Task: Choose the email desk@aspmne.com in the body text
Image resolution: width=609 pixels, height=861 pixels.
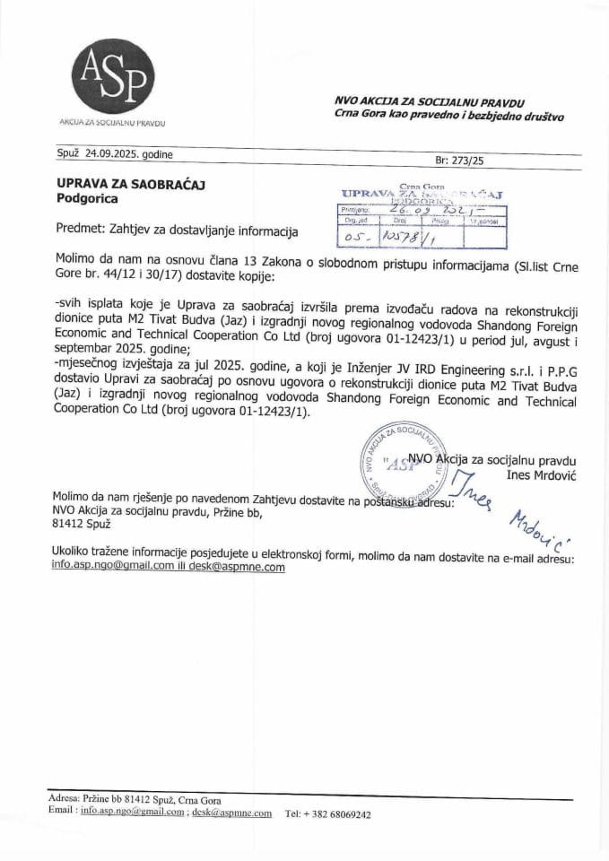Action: point(241,567)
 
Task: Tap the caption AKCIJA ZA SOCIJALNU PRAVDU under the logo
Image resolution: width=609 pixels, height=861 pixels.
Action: point(112,121)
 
